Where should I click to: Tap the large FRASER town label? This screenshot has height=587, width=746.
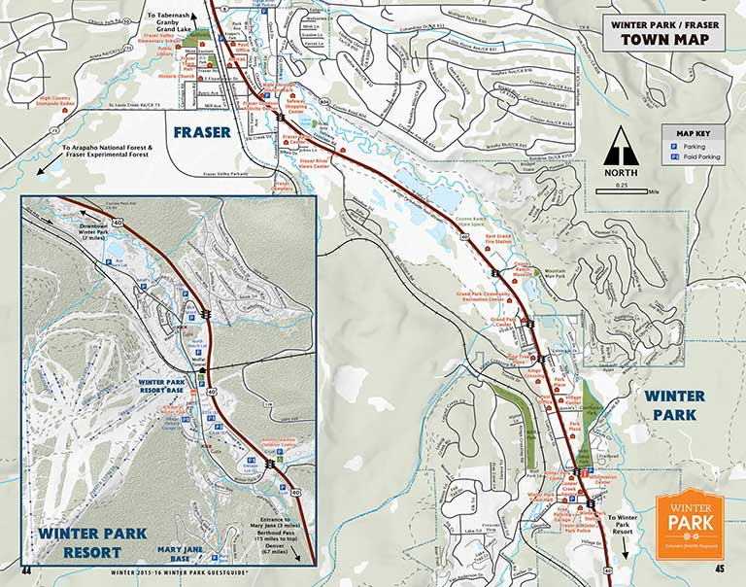[x=202, y=131]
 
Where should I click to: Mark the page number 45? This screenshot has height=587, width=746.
[x=719, y=570]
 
